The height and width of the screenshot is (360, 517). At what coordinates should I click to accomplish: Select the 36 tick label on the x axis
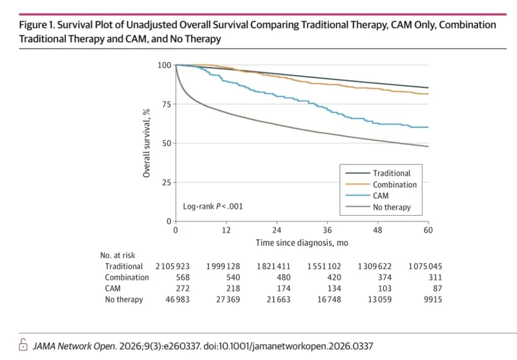(x=327, y=231)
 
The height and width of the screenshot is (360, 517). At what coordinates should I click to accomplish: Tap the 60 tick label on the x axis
(x=428, y=231)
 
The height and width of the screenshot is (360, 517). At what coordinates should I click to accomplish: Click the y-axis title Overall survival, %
(x=147, y=143)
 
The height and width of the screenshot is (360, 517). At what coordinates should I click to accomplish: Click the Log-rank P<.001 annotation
(x=213, y=207)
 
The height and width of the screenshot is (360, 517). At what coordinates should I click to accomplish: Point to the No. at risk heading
(x=118, y=255)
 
